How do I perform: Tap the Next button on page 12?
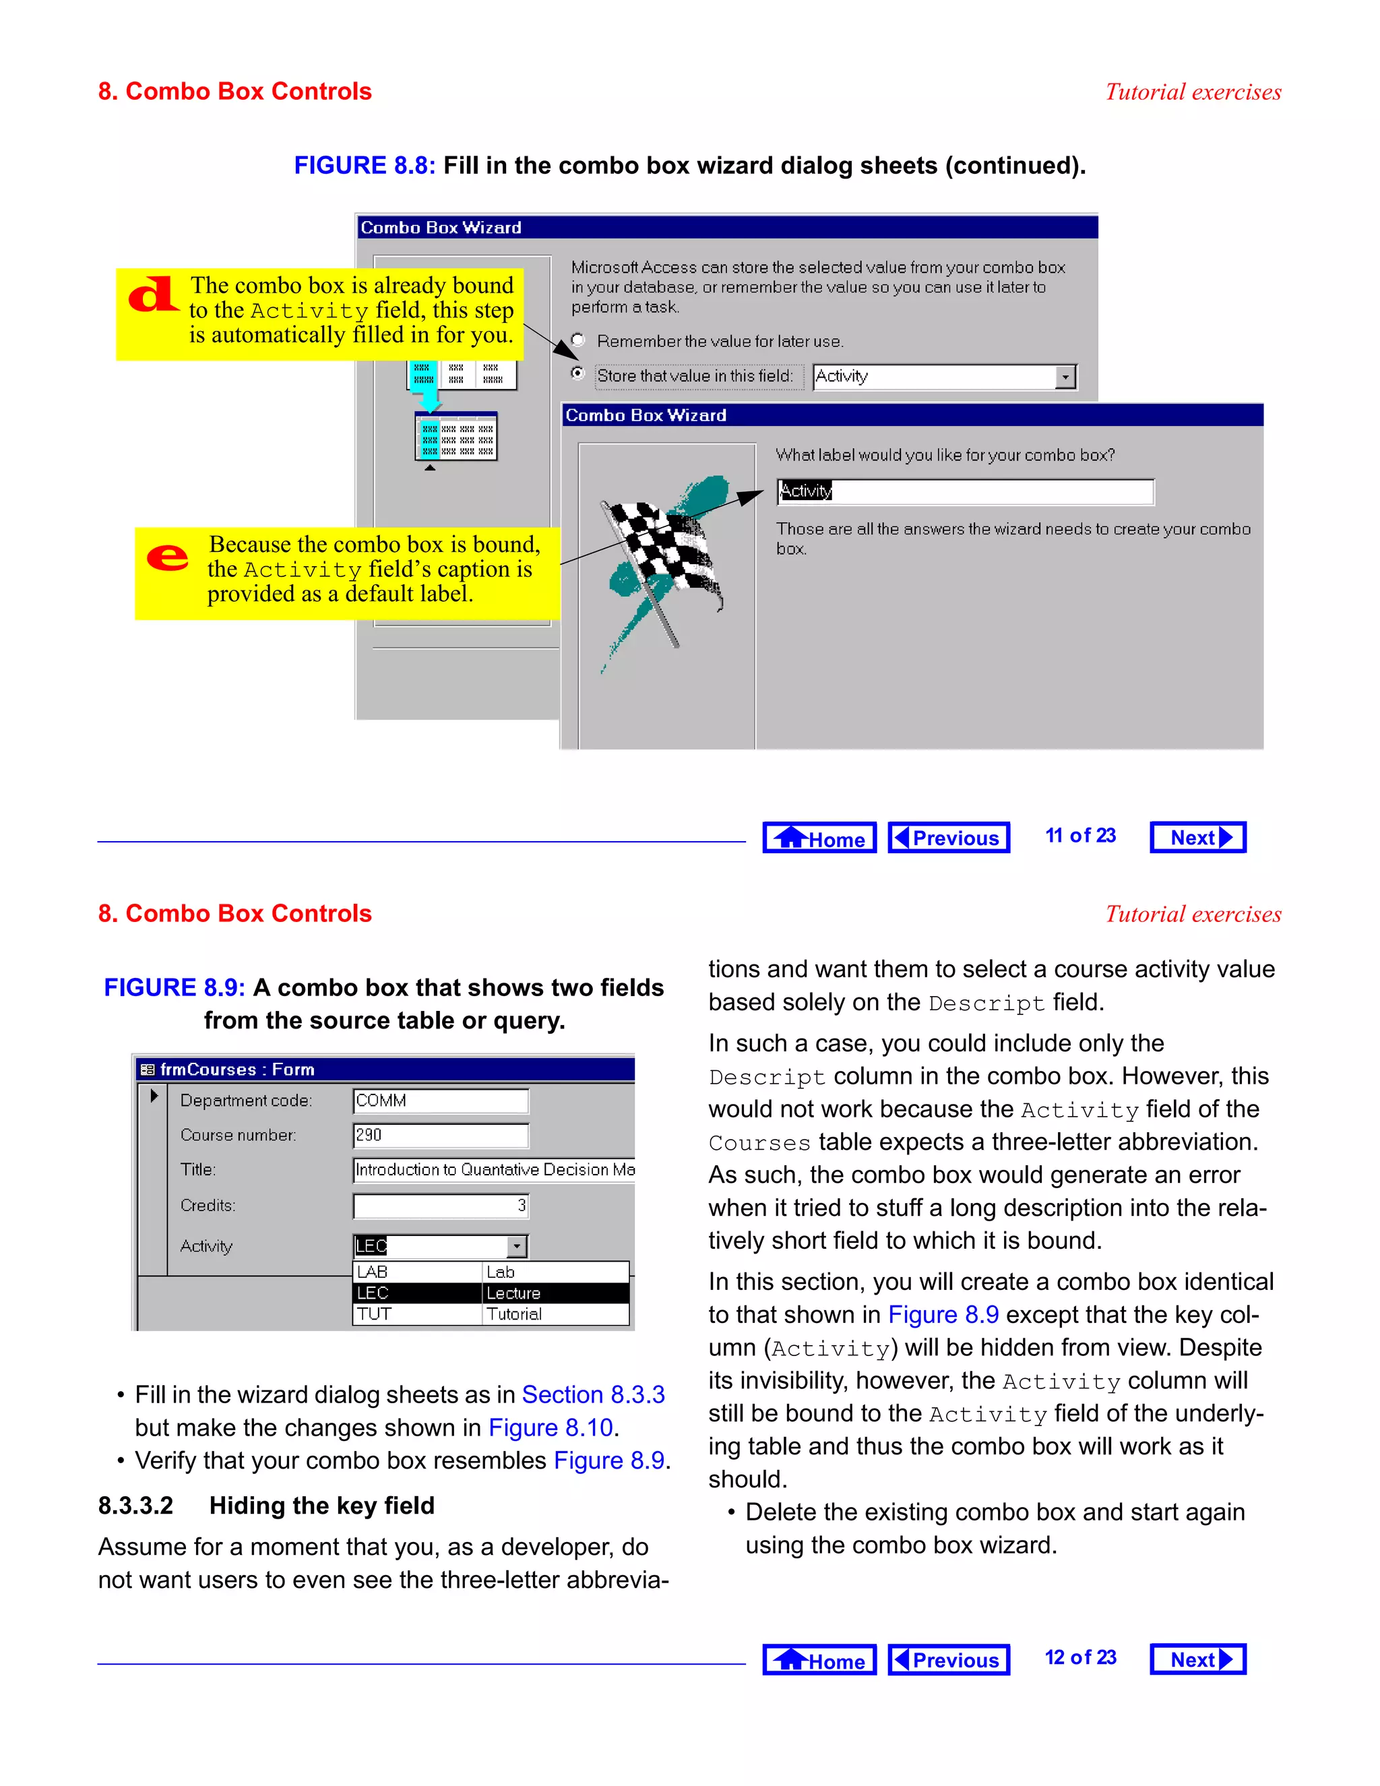pos(1197,1659)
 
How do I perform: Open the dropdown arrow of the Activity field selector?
pos(1065,377)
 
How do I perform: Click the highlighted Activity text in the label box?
pos(805,491)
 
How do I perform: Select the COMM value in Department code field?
pos(440,1101)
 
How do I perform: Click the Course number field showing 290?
pos(440,1135)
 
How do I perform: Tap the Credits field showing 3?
pos(440,1206)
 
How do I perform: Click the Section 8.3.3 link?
pos(593,1394)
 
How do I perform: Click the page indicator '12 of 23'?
pos(1080,1658)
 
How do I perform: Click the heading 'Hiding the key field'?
pos(321,1506)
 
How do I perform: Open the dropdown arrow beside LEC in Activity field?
pos(517,1246)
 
